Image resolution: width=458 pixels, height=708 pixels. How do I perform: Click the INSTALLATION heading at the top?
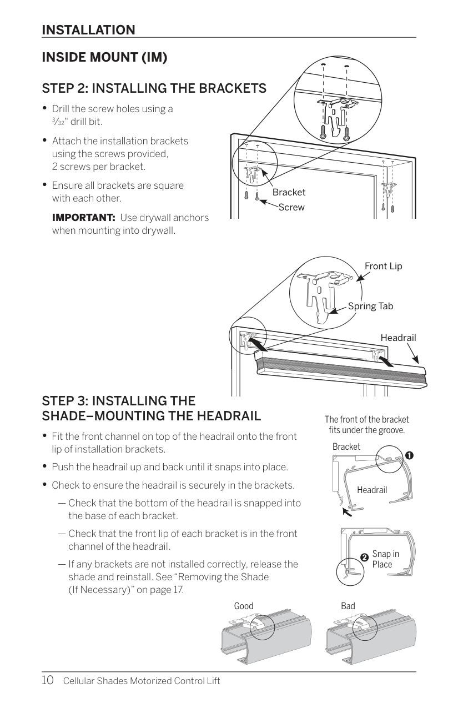tap(88, 30)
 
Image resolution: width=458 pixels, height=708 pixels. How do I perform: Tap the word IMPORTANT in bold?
tap(83, 218)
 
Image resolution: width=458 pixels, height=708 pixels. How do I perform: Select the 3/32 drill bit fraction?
tap(58, 122)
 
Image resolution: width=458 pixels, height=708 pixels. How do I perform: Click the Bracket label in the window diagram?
tap(289, 192)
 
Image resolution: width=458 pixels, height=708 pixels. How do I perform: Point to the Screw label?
tap(291, 207)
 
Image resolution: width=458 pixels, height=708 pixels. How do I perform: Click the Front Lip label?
tap(384, 267)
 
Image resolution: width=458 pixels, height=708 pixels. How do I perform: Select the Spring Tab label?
tap(370, 307)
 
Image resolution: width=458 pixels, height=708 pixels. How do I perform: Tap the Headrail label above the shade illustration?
tap(398, 338)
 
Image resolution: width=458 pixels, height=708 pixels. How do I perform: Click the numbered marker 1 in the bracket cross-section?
tap(409, 455)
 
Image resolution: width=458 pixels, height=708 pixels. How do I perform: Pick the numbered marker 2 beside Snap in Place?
tap(364, 557)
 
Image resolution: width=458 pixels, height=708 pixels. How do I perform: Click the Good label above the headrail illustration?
tap(244, 606)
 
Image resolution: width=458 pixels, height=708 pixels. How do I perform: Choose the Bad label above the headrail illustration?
tap(348, 606)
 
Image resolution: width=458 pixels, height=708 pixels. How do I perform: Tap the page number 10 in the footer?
tap(48, 680)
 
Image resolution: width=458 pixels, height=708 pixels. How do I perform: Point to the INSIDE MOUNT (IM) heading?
tap(104, 58)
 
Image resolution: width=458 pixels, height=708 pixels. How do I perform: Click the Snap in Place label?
tap(386, 559)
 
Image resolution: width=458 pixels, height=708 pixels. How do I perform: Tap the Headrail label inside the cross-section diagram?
tap(372, 490)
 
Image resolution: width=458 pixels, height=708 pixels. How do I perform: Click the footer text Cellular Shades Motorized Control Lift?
tap(142, 681)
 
